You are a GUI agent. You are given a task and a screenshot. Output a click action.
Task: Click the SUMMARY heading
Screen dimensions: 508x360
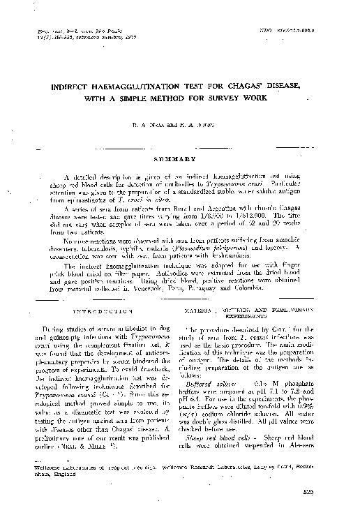pyautogui.click(x=180, y=158)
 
